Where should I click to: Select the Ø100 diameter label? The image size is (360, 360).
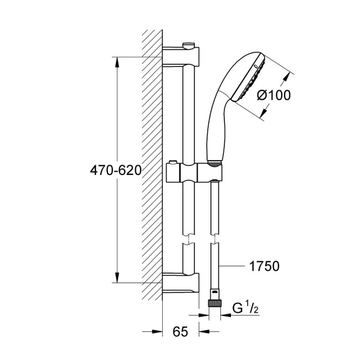pyautogui.click(x=274, y=95)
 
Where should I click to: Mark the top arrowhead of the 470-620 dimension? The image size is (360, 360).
pyautogui.click(x=117, y=62)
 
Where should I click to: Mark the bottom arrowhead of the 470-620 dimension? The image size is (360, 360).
pyautogui.click(x=117, y=277)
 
